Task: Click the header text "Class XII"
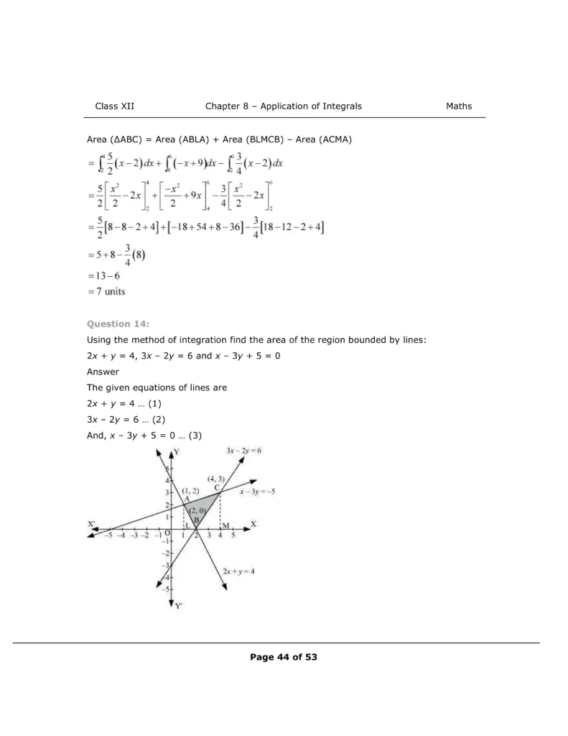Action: coord(115,106)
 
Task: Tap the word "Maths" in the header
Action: coord(459,106)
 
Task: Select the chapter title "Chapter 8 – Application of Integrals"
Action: coord(284,106)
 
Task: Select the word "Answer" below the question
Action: coord(103,372)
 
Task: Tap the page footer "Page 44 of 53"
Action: coord(284,657)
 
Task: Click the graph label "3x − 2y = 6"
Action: coord(243,450)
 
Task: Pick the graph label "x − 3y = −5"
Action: coord(258,492)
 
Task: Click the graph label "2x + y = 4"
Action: coord(238,571)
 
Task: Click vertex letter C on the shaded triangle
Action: coord(216,487)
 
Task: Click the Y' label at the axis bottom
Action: coord(179,606)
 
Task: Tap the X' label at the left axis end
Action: coord(92,525)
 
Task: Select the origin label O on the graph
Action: coord(168,533)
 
